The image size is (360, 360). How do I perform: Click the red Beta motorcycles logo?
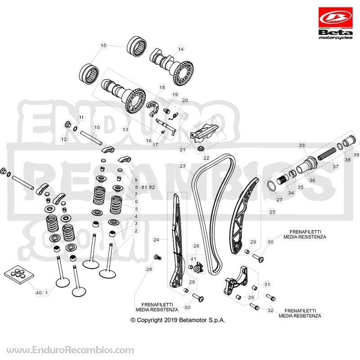[x=335, y=23]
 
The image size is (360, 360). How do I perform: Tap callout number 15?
[x=103, y=45]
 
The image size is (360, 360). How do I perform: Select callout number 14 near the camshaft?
[x=181, y=49]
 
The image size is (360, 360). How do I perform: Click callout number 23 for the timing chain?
[x=182, y=166]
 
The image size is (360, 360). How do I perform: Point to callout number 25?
[x=272, y=211]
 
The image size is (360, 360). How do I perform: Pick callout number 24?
[x=156, y=240]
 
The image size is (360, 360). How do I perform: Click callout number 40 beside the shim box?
[x=39, y=293]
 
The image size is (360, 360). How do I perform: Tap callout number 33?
[x=301, y=145]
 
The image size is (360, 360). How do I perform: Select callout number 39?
[x=356, y=155]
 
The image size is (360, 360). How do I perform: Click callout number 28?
[x=149, y=269]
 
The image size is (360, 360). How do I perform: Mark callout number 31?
[x=267, y=284]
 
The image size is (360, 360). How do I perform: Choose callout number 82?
[x=152, y=187]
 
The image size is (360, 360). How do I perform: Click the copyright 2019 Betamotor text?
[x=178, y=320]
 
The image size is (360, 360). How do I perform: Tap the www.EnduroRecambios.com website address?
[x=70, y=350]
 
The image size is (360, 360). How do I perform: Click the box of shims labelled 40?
[x=19, y=275]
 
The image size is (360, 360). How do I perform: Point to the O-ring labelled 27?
[x=272, y=185]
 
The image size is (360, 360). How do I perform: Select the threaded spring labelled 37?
[x=327, y=154]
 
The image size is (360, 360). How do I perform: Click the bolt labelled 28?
[x=158, y=257]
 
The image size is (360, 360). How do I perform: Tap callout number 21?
[x=182, y=150]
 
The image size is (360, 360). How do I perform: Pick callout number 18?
[x=162, y=87]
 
